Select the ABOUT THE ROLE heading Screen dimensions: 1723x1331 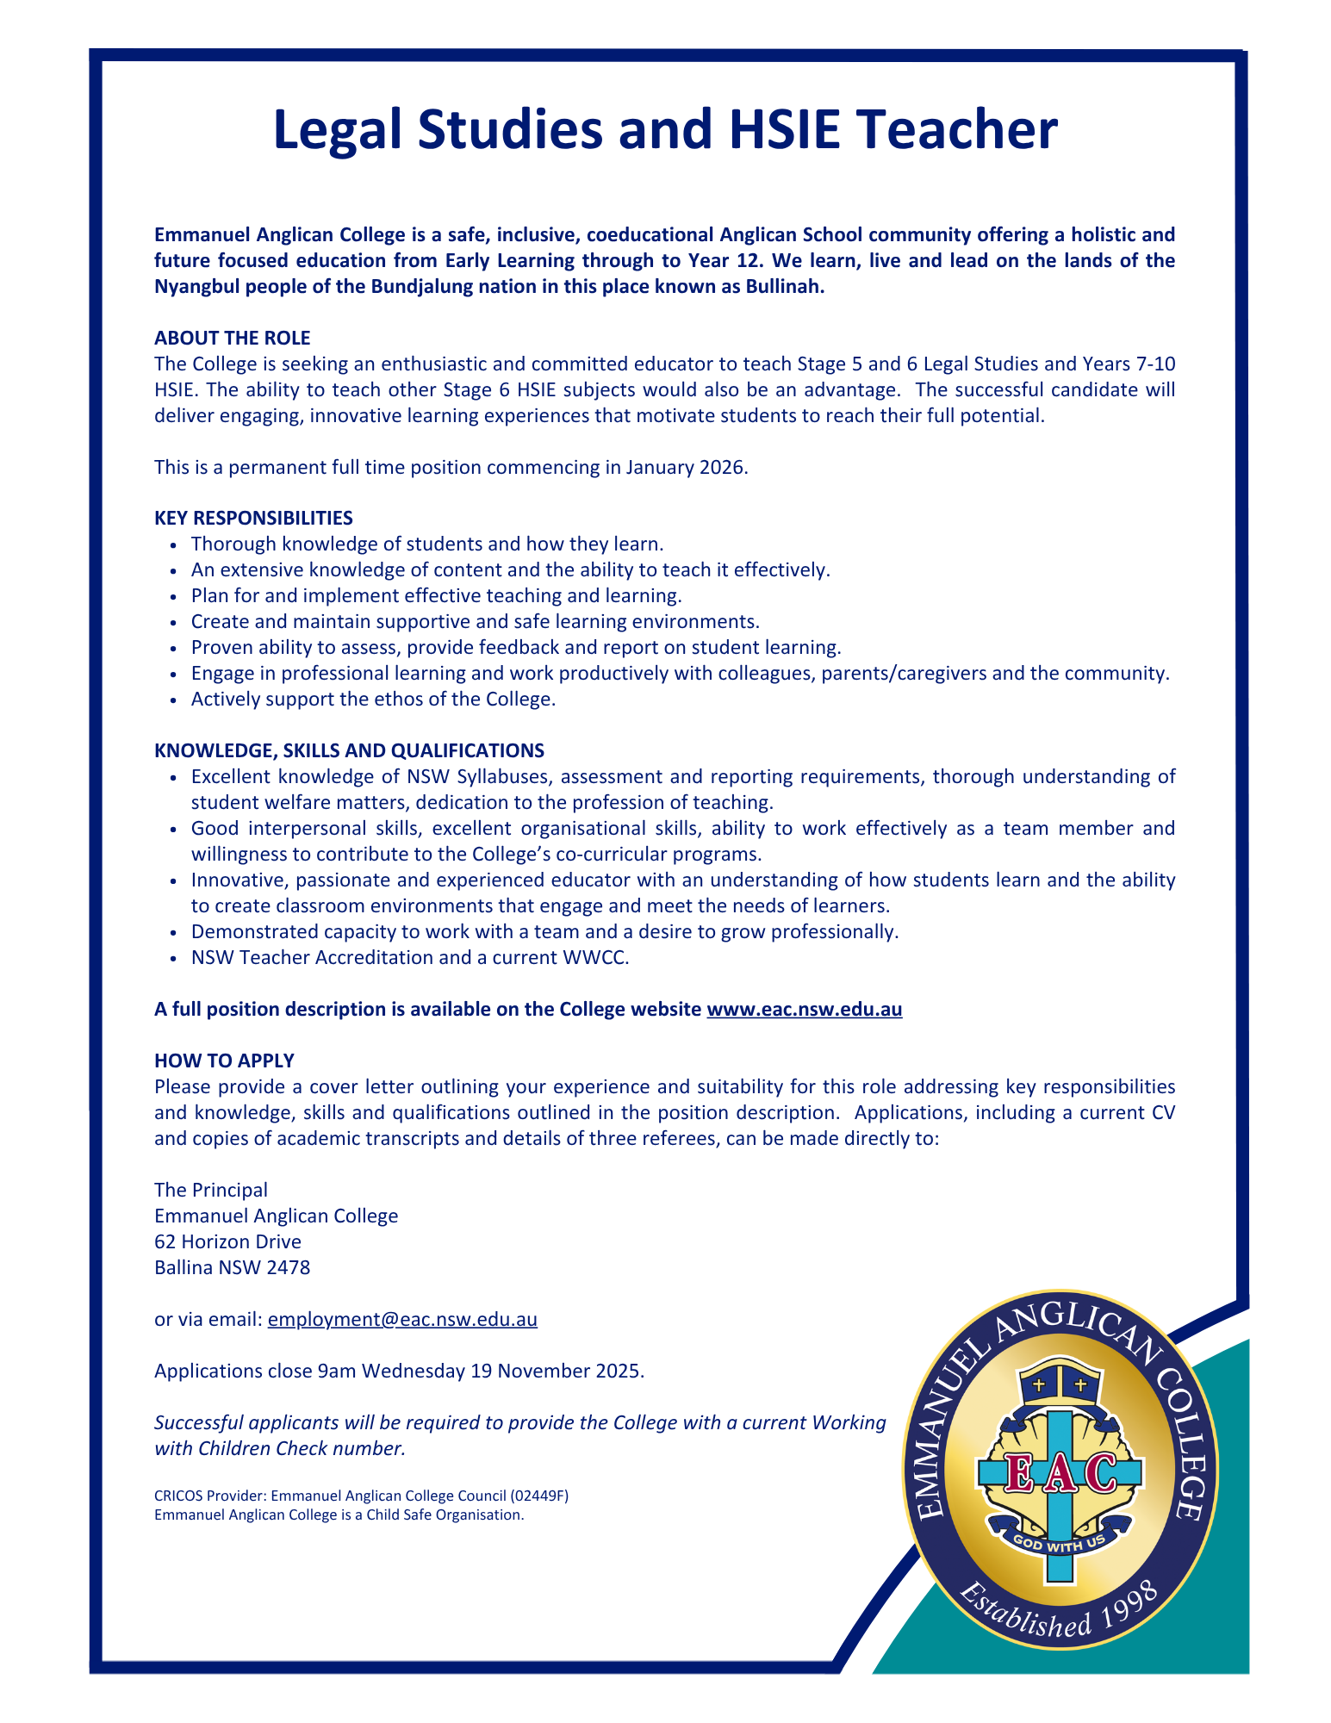click(x=232, y=338)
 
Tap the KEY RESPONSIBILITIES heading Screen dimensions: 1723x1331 click(x=253, y=518)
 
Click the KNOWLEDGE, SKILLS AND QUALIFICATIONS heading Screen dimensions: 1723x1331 click(x=349, y=750)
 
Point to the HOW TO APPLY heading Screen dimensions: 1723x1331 click(x=224, y=1061)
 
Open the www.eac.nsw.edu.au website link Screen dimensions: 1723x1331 click(x=804, y=1009)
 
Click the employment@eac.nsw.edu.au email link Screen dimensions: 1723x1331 click(x=402, y=1319)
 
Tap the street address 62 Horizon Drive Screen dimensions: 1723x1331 click(x=227, y=1241)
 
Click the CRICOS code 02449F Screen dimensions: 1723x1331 click(x=539, y=1496)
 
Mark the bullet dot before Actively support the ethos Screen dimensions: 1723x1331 click(x=175, y=700)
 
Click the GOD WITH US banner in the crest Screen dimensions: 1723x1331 click(x=1059, y=1543)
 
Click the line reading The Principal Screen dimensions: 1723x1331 click(x=211, y=1190)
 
